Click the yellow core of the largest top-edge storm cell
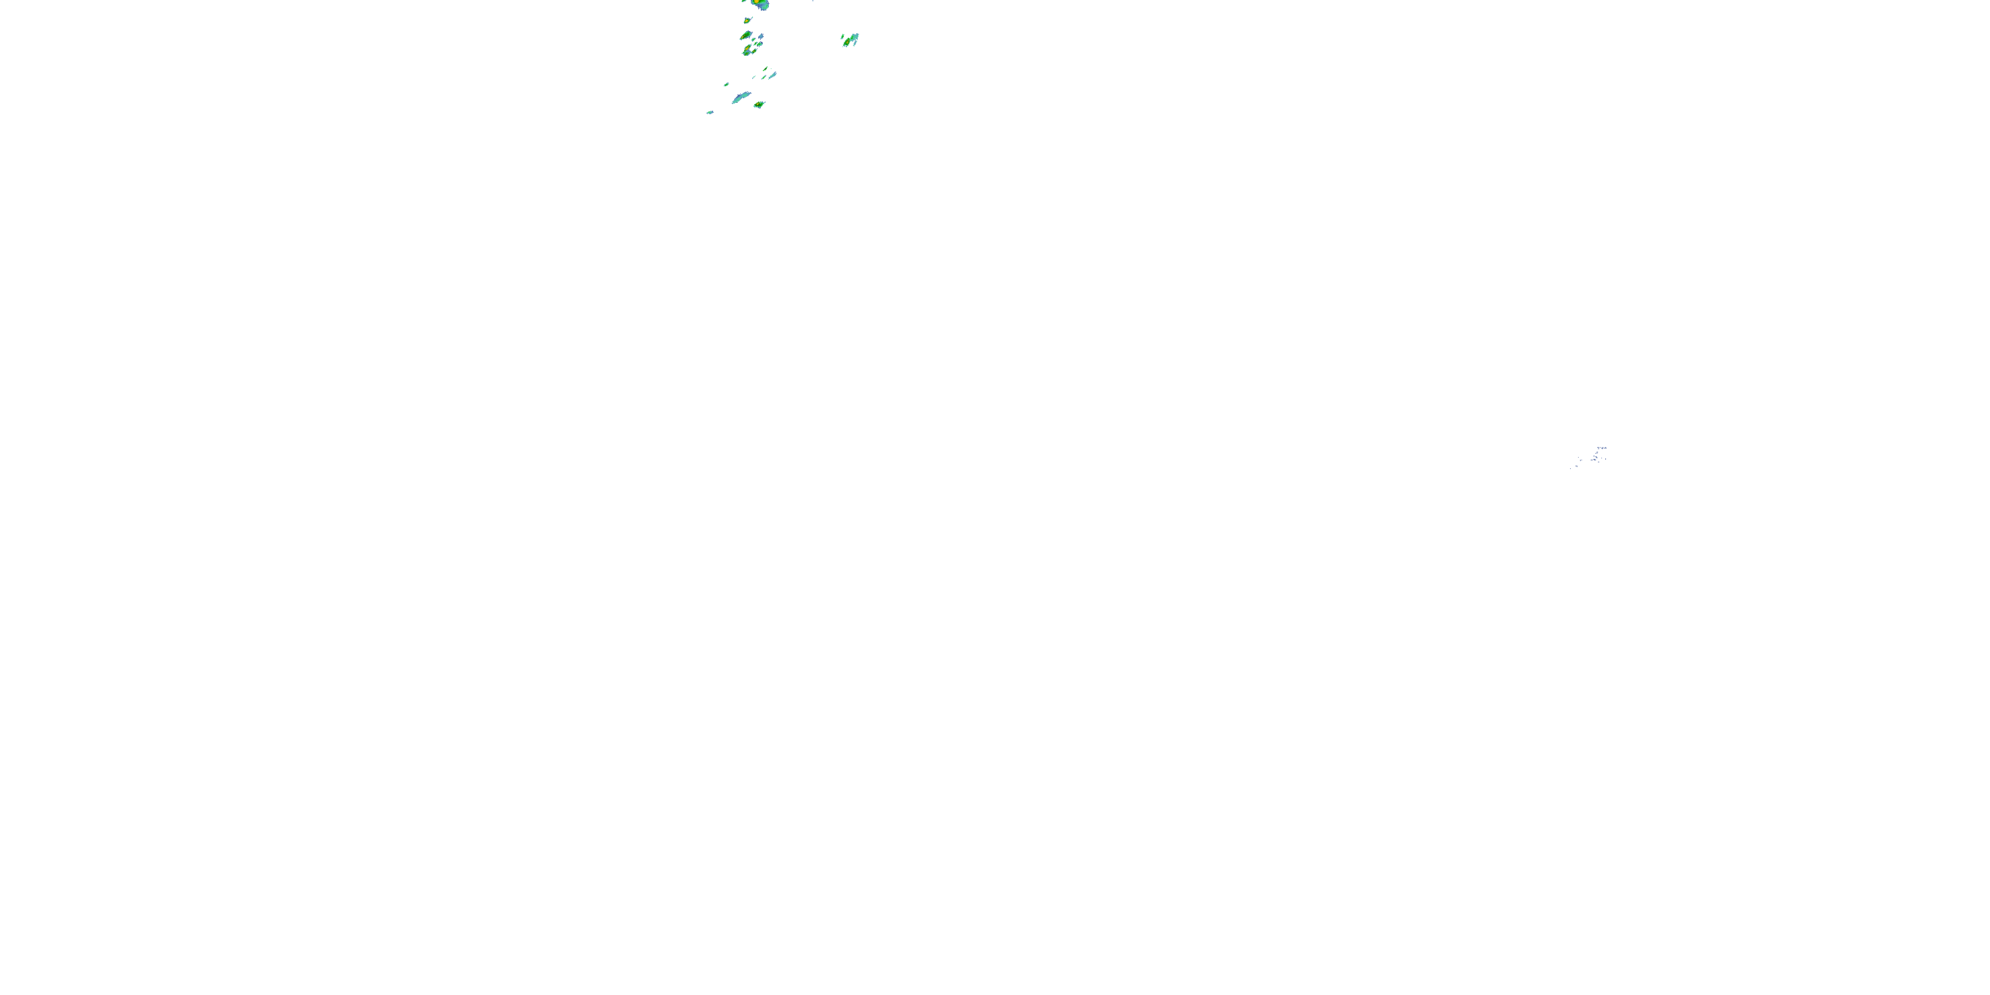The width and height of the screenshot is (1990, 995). click(x=757, y=1)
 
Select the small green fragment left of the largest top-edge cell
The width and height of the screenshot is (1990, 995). click(x=744, y=1)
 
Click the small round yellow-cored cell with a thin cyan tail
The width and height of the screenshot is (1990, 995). click(x=747, y=21)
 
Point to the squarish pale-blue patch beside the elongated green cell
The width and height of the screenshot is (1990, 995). click(x=762, y=36)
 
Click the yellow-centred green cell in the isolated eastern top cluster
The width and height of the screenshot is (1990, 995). click(x=848, y=42)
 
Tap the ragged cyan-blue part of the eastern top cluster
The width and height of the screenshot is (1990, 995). click(x=855, y=37)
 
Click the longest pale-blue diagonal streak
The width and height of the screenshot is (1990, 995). click(x=742, y=98)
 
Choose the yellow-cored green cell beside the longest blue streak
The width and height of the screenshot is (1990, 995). click(x=760, y=104)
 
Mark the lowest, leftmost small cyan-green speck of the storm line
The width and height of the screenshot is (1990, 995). click(x=710, y=113)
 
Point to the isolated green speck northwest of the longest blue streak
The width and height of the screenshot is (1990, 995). click(x=727, y=84)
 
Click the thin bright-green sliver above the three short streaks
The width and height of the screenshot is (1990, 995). click(x=765, y=69)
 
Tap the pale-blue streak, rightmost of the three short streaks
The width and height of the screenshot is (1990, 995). click(x=773, y=75)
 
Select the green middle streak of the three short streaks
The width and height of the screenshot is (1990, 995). click(x=764, y=77)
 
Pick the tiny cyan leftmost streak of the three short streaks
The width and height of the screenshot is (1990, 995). click(x=754, y=77)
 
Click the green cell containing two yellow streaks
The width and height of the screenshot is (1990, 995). click(x=748, y=50)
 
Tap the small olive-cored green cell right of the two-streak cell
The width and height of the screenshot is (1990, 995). click(x=756, y=51)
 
